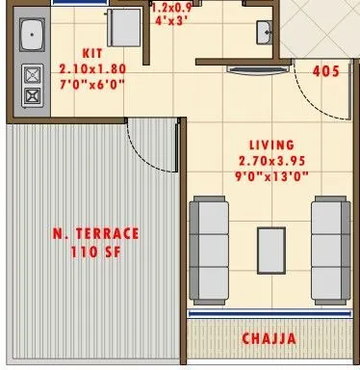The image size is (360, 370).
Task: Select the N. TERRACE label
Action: point(94,234)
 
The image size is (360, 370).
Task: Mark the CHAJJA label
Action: point(269,339)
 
